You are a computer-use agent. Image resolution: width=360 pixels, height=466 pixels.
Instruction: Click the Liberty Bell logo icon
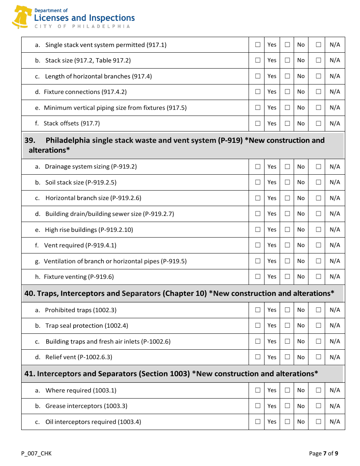[x=21, y=17]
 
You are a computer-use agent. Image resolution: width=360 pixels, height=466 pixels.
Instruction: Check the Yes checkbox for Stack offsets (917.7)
[x=258, y=123]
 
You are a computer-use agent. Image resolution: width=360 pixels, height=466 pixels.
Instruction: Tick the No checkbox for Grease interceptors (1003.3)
[x=287, y=406]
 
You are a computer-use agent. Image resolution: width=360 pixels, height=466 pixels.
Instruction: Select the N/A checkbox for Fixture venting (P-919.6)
[x=318, y=277]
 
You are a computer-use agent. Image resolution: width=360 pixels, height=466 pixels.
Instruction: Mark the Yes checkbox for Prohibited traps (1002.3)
[x=258, y=310]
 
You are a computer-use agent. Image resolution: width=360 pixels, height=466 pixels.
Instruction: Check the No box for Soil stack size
[x=287, y=182]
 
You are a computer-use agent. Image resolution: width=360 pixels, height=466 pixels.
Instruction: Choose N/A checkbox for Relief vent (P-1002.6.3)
[x=318, y=357]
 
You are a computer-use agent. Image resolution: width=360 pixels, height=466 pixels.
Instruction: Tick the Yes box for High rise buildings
[x=258, y=230]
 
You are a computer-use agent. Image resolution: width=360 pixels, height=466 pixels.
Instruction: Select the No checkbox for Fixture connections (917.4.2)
[x=287, y=92]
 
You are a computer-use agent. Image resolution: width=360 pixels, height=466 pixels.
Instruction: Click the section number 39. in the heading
[x=30, y=141]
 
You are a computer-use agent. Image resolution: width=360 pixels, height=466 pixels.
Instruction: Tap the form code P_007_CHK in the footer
[x=36, y=453]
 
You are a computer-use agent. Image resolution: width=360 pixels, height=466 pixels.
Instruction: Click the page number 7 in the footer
[x=325, y=453]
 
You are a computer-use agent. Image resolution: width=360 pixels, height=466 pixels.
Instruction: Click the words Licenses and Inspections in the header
[x=84, y=18]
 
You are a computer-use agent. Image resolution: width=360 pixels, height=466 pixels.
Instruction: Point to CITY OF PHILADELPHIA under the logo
[x=82, y=27]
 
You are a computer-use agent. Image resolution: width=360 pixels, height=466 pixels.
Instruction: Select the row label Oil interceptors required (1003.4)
[x=93, y=422]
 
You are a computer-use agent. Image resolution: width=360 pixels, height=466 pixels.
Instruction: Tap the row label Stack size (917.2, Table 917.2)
[x=88, y=61]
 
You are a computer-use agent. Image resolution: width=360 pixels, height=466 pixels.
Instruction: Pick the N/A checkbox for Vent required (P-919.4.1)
[x=318, y=245]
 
